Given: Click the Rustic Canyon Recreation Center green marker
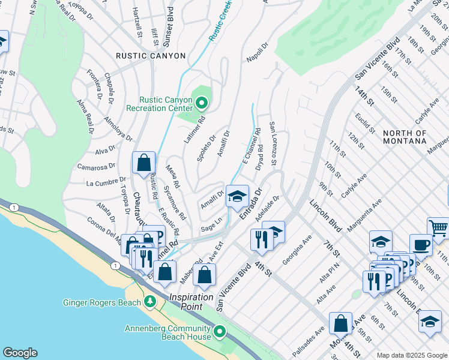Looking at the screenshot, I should click(x=202, y=104).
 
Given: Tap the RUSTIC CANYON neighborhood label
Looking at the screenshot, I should click(x=151, y=56).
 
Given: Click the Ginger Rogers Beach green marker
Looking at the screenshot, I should click(x=149, y=302).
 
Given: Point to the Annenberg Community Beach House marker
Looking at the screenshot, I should click(x=220, y=331).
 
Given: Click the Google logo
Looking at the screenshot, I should click(x=20, y=352).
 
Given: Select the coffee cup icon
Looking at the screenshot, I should click(x=421, y=244).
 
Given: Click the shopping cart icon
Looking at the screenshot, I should click(x=438, y=227).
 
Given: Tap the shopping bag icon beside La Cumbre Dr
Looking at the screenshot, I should click(x=144, y=163).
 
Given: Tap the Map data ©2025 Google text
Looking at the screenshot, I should click(x=412, y=355).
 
